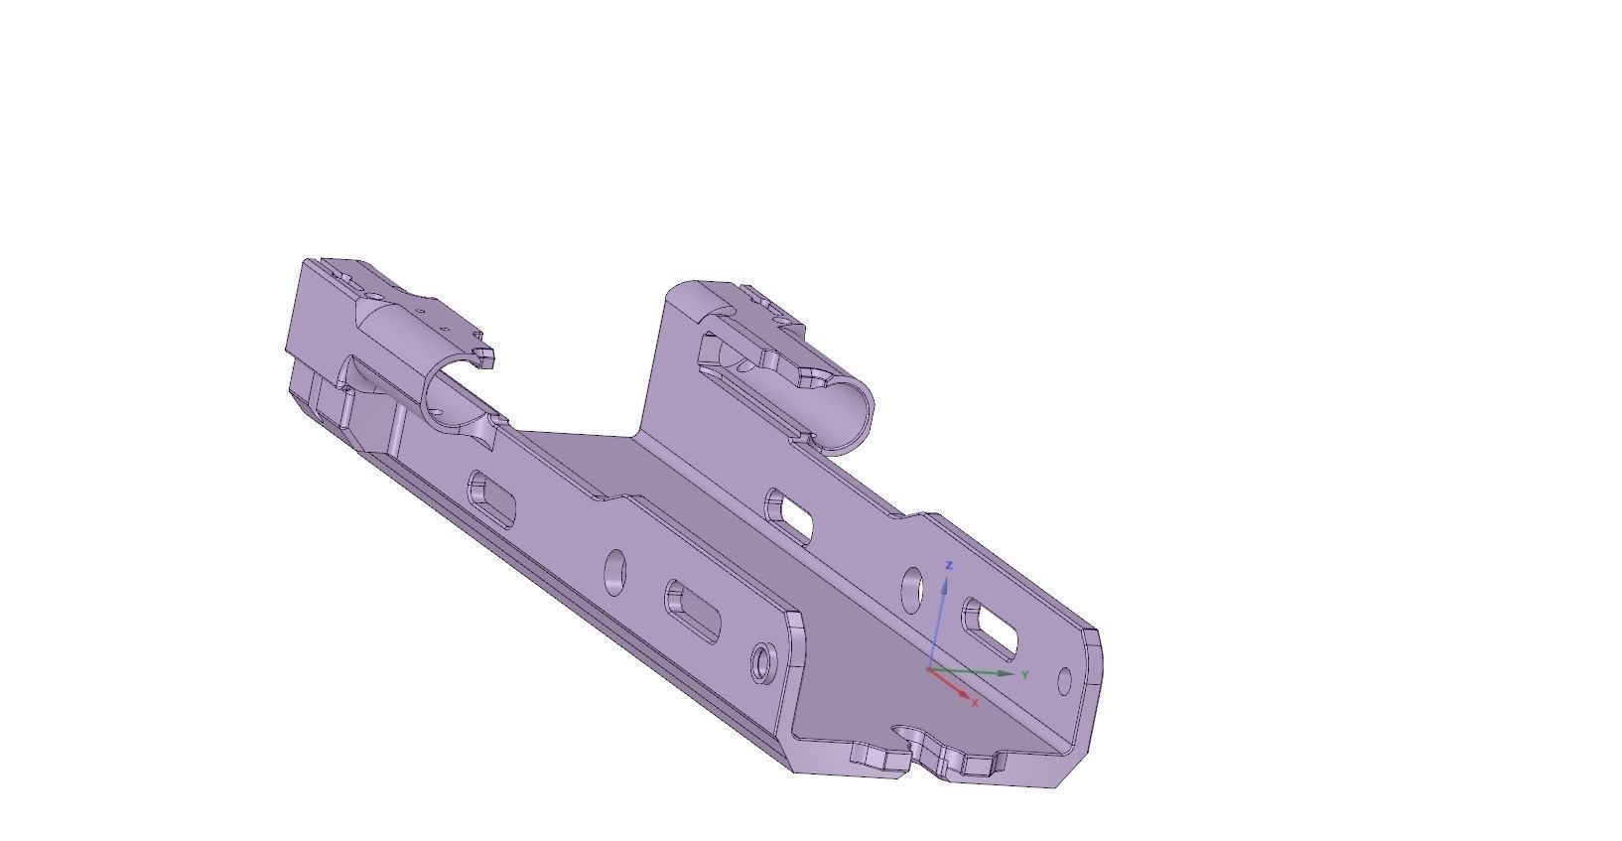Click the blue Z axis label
tap(950, 565)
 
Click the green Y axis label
tap(1024, 675)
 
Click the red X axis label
tap(976, 703)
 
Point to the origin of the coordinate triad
tap(928, 670)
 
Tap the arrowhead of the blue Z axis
tap(945, 583)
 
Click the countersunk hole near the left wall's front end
tap(763, 661)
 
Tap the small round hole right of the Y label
tap(1065, 681)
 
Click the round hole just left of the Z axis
tap(910, 588)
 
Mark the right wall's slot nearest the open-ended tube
tap(790, 516)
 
